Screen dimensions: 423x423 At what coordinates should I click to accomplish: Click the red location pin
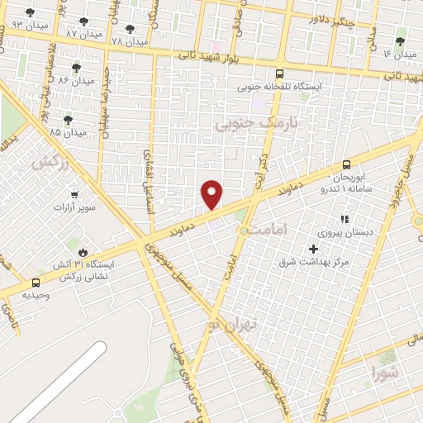pyautogui.click(x=212, y=194)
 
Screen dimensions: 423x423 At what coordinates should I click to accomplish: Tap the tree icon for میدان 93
pyautogui.click(x=31, y=12)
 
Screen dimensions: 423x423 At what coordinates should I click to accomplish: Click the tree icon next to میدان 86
pyautogui.click(x=77, y=68)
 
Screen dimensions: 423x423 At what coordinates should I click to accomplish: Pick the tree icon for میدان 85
pyautogui.click(x=68, y=120)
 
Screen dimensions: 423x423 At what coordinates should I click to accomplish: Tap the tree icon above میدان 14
pyautogui.click(x=400, y=41)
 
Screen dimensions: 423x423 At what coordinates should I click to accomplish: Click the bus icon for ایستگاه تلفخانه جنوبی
pyautogui.click(x=279, y=73)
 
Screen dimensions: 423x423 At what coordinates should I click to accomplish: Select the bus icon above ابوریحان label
pyautogui.click(x=345, y=164)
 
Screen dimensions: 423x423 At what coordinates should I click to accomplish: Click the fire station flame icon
pyautogui.click(x=83, y=252)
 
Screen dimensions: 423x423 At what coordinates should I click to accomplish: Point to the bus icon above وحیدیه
pyautogui.click(x=35, y=283)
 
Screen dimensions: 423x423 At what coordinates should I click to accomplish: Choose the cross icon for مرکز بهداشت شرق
pyautogui.click(x=313, y=249)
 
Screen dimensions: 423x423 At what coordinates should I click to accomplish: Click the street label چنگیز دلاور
pyautogui.click(x=332, y=18)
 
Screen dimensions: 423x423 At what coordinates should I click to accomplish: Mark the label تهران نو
pyautogui.click(x=234, y=325)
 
